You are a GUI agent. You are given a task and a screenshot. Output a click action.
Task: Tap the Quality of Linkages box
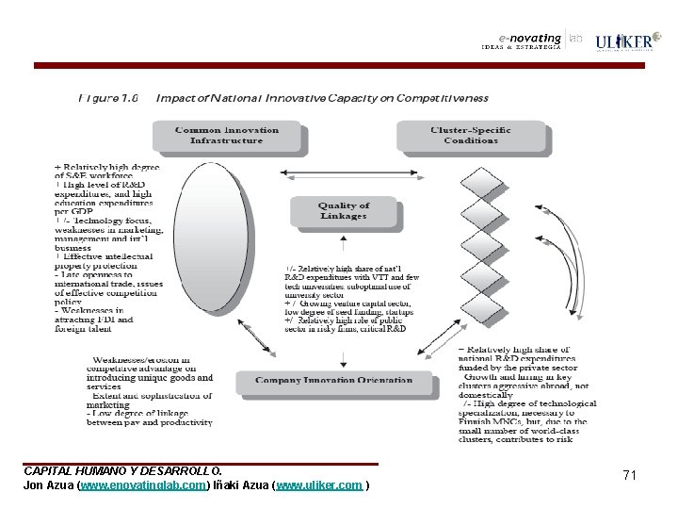344,211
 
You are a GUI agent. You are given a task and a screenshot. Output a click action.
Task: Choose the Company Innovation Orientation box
337,382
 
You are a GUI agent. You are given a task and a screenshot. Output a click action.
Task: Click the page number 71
629,475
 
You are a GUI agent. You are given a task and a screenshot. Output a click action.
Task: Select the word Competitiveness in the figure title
444,97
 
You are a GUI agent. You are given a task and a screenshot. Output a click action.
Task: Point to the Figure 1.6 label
111,97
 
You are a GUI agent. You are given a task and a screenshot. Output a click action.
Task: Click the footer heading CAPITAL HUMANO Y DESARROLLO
123,470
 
